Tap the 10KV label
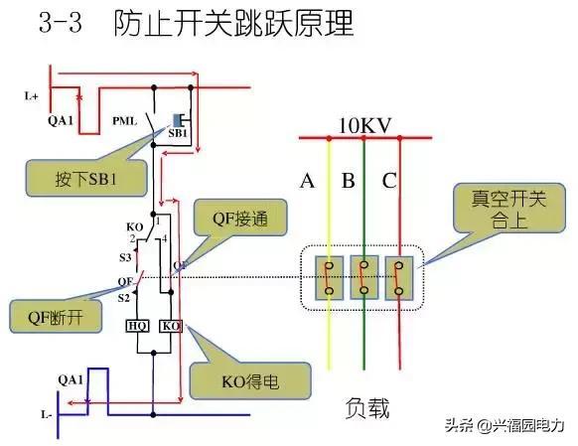[363, 127]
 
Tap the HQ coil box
[138, 326]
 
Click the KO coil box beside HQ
[170, 326]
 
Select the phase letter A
[307, 181]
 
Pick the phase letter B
[349, 181]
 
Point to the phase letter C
[388, 181]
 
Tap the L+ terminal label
[32, 96]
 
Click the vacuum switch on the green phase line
[365, 277]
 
